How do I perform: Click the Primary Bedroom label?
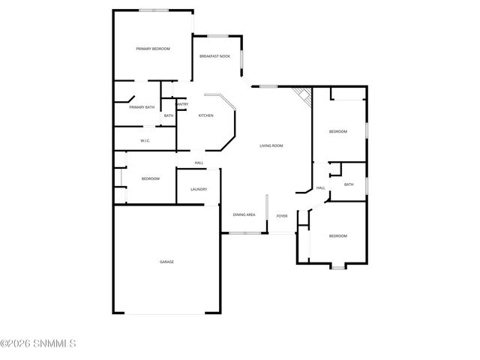(152, 49)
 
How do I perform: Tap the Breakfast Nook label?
(214, 56)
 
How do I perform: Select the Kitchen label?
(205, 115)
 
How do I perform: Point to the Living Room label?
(271, 145)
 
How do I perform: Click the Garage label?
(166, 262)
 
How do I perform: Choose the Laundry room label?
(199, 189)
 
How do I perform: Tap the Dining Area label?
(244, 215)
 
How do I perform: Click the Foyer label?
(282, 216)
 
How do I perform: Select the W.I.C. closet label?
(145, 140)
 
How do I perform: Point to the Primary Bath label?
(142, 107)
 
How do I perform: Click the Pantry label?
(182, 104)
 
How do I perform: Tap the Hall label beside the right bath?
(320, 187)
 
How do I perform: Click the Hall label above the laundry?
(199, 163)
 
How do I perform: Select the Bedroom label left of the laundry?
(151, 178)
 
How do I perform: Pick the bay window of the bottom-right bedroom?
(338, 265)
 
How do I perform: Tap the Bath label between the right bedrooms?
(349, 184)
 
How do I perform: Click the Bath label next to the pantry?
(169, 115)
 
